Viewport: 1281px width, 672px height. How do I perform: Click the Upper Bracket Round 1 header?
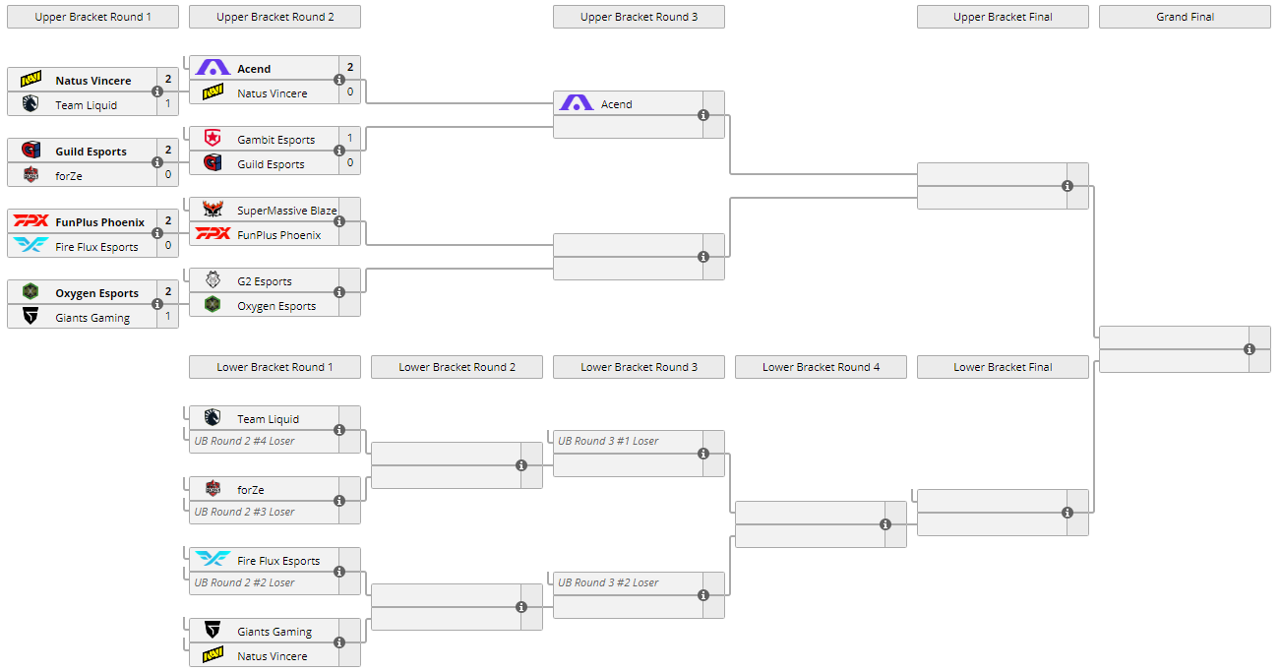pyautogui.click(x=92, y=17)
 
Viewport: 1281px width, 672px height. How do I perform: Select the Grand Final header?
pyautogui.click(x=1185, y=17)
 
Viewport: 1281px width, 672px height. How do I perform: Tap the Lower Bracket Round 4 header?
pyautogui.click(x=821, y=367)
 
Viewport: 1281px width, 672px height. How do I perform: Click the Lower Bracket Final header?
pyautogui.click(x=1003, y=367)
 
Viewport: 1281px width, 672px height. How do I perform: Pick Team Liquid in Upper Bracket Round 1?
pyautogui.click(x=86, y=105)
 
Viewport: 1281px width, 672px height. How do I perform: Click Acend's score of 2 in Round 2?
pyautogui.click(x=350, y=68)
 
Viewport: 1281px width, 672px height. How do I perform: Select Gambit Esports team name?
pyautogui.click(x=275, y=140)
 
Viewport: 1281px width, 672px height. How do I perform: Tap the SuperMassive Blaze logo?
pyautogui.click(x=213, y=210)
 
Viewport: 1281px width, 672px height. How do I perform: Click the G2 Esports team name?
pyautogui.click(x=264, y=281)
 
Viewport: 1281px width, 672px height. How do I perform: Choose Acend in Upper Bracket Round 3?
pyautogui.click(x=616, y=104)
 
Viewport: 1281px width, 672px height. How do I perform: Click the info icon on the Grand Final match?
pyautogui.click(x=1250, y=349)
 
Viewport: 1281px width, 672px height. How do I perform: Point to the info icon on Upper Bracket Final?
pyautogui.click(x=1067, y=186)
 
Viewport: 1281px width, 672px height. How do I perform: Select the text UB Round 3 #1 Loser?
pyautogui.click(x=608, y=441)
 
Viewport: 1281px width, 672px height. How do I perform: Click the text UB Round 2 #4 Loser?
pyautogui.click(x=244, y=441)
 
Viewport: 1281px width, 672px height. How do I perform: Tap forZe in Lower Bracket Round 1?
pyautogui.click(x=250, y=490)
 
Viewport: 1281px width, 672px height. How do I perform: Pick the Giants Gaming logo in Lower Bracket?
pyautogui.click(x=213, y=631)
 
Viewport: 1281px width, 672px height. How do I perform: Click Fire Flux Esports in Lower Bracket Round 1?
pyautogui.click(x=278, y=561)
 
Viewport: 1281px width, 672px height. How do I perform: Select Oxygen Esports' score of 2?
pyautogui.click(x=168, y=292)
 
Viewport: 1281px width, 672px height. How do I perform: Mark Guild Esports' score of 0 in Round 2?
pyautogui.click(x=350, y=163)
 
